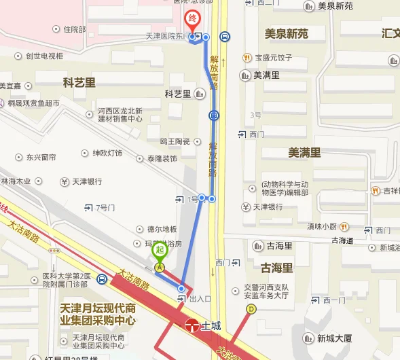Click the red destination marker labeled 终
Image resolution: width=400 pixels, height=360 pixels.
point(192,18)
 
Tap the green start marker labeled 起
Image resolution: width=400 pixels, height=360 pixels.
point(159,251)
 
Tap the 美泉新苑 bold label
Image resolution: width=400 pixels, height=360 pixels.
point(286,33)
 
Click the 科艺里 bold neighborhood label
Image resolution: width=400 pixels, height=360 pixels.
point(79,82)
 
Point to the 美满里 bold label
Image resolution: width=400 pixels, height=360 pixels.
point(304,153)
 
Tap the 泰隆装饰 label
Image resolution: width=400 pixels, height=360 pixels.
point(162,159)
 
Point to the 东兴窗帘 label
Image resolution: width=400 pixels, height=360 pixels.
point(41,157)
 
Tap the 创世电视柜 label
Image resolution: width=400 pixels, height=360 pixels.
point(44,56)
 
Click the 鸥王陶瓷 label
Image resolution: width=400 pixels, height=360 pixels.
point(175,141)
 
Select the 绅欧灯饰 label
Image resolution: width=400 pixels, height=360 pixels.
point(107,153)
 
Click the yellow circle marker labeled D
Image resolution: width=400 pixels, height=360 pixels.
point(251,308)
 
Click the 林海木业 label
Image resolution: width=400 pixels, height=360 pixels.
point(17,181)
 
